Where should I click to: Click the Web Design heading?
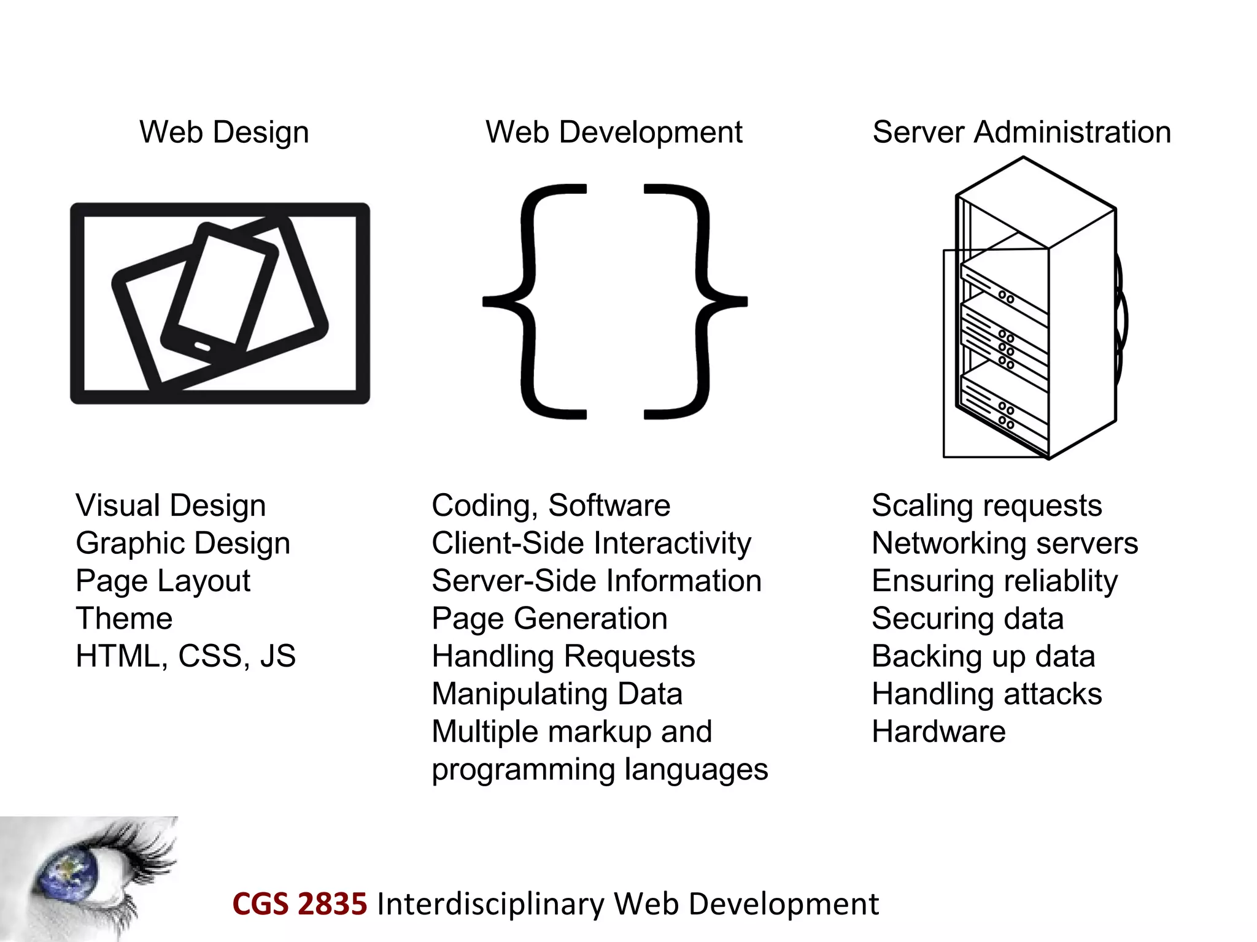coord(224,132)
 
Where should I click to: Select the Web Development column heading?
coord(614,132)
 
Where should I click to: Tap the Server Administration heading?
coord(1022,132)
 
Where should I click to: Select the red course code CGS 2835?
coord(300,904)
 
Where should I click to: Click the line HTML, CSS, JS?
coord(185,656)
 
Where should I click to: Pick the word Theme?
coord(124,618)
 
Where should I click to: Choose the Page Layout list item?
coord(163,581)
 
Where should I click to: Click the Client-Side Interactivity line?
coord(591,543)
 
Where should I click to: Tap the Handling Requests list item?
coord(563,656)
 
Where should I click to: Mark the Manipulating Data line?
coord(557,694)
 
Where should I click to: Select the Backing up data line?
coord(983,656)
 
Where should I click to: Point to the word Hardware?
coord(938,732)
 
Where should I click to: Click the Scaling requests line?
coord(987,506)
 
